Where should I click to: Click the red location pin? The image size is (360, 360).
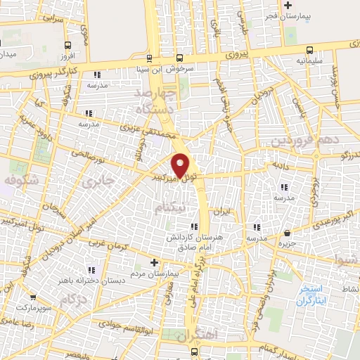tap(181, 165)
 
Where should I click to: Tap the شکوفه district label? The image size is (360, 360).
tap(20, 181)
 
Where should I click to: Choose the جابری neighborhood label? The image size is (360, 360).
tap(97, 183)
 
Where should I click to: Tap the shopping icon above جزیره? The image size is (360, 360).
tap(287, 233)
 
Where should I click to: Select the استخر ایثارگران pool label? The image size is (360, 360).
tap(307, 294)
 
